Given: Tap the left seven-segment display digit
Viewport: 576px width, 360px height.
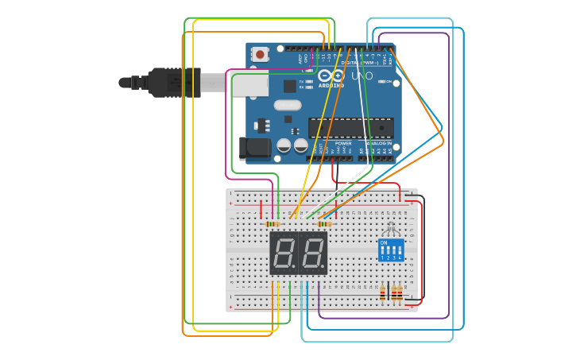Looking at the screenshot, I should (x=284, y=254).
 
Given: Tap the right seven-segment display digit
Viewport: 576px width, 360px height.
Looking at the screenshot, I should (x=313, y=254).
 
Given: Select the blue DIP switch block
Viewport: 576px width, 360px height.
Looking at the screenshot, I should (x=392, y=250).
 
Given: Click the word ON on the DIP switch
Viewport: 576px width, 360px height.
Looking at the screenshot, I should (x=385, y=242).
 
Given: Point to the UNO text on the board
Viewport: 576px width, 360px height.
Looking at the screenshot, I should (x=361, y=75).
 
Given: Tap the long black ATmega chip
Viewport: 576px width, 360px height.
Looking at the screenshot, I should (x=350, y=127).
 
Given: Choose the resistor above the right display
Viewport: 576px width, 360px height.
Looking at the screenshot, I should (x=323, y=224).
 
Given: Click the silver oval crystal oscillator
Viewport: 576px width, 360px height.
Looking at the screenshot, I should (x=288, y=105).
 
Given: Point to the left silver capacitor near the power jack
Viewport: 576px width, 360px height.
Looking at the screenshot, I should (x=284, y=145).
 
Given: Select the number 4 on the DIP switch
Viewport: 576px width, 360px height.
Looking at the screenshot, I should (x=400, y=257).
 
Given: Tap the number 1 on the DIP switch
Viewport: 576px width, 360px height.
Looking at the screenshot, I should (x=382, y=257).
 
